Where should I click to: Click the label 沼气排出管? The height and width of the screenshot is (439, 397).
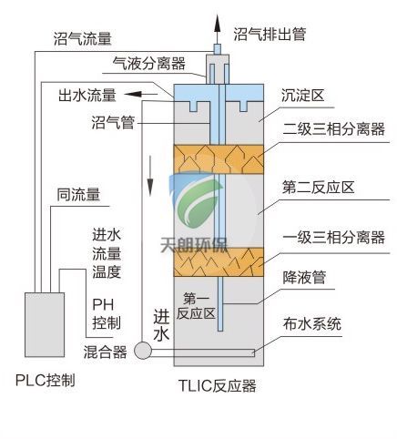[270, 34]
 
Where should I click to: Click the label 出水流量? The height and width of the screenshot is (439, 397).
[87, 94]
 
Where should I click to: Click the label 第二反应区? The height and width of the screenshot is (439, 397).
[318, 188]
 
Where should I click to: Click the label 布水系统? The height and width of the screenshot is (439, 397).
[312, 323]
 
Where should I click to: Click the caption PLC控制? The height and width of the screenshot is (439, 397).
[46, 380]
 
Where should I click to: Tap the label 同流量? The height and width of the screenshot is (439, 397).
[78, 194]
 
